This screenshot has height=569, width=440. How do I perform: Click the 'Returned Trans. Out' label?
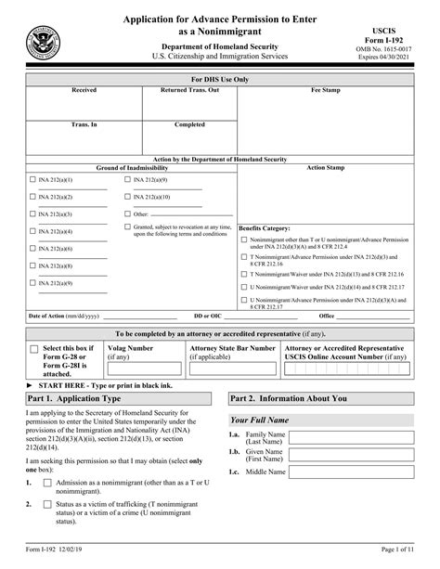pyautogui.click(x=189, y=91)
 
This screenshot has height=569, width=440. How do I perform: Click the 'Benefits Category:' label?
pyautogui.click(x=265, y=227)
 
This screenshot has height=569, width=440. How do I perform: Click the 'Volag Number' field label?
pyautogui.click(x=132, y=348)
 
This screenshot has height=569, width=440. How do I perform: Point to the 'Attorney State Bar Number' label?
pyautogui.click(x=232, y=348)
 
